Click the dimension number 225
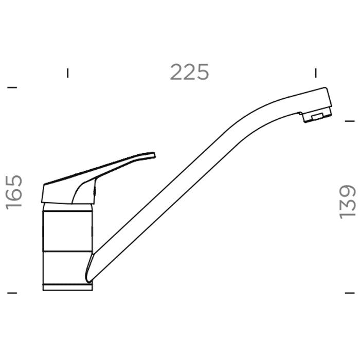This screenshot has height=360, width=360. click(189, 72)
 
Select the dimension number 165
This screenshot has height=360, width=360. click(14, 192)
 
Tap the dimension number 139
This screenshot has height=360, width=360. click(348, 202)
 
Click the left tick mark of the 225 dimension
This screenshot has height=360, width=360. click(67, 73)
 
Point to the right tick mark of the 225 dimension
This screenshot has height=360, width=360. click(316, 73)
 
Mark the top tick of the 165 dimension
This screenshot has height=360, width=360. click(12, 87)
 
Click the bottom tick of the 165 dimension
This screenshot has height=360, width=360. click(12, 293)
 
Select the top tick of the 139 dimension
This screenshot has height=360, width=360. click(350, 121)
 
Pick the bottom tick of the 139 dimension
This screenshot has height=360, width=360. click(350, 293)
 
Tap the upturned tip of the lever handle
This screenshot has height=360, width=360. click(154, 154)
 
